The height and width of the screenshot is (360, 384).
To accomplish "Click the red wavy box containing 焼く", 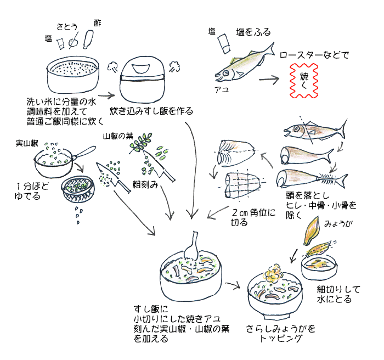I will coord(305,80).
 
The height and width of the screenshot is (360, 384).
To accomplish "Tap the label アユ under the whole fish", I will coord(222,89).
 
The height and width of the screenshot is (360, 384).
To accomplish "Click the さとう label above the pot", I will coord(67,26).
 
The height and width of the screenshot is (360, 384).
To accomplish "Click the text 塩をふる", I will coord(253,32).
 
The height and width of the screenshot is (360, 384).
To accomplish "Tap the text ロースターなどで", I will coord(314,55).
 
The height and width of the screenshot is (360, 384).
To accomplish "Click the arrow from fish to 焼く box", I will coord(269,79).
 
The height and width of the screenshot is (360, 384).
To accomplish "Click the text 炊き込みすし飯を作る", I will coord(151,111).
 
